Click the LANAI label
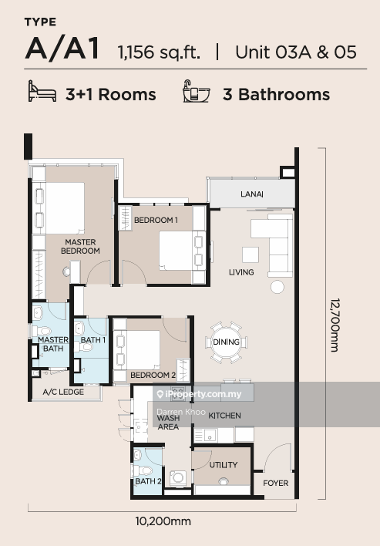point(251,194)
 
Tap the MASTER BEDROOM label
point(81,246)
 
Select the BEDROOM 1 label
point(156,221)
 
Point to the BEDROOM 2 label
point(153,375)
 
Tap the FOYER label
point(275,484)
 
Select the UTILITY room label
point(223,465)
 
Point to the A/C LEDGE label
point(62,393)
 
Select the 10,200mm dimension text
point(163,521)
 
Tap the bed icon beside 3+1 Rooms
point(42,94)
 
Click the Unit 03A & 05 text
point(295,52)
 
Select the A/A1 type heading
point(62,49)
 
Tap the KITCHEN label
point(224,416)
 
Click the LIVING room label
point(241,272)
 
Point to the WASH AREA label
point(168,421)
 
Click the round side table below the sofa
point(277,287)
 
